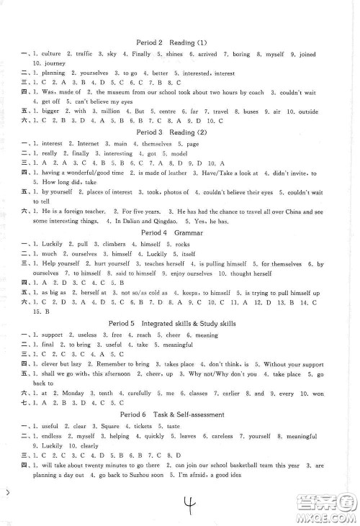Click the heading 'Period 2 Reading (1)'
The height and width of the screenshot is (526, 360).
tap(180, 42)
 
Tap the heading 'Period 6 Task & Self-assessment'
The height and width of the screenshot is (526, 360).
tap(180, 415)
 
